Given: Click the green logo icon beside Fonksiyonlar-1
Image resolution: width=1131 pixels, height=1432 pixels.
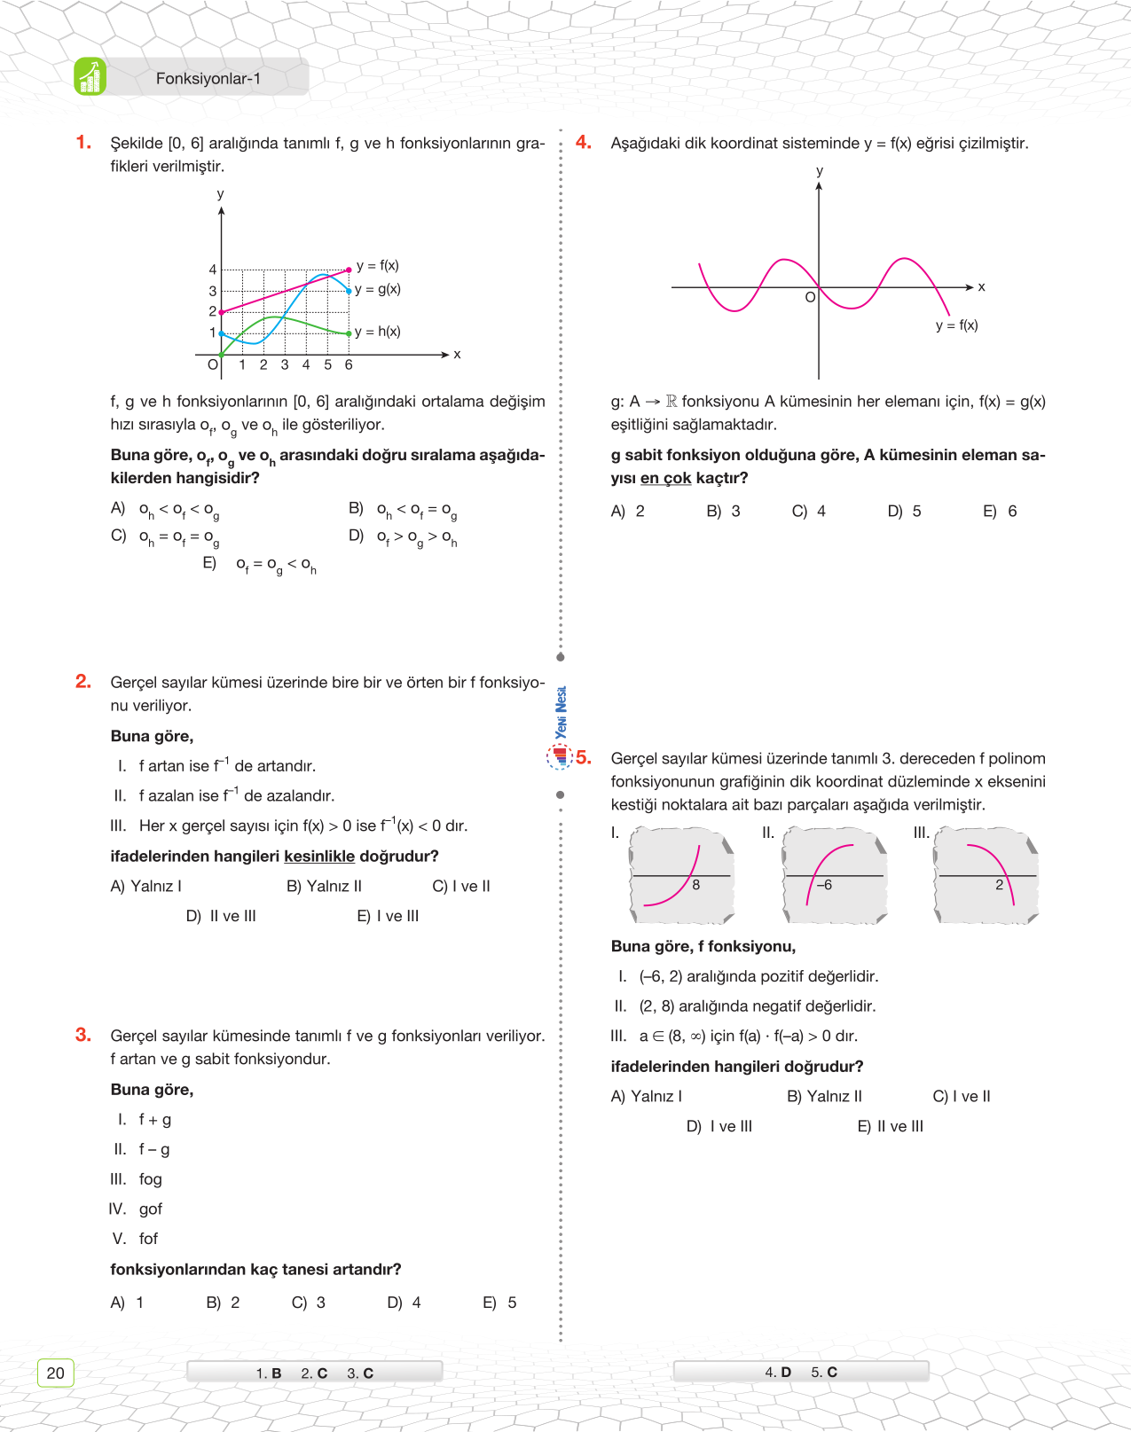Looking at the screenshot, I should [x=90, y=77].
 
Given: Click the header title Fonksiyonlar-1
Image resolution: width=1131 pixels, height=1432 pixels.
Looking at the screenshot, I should [x=208, y=79].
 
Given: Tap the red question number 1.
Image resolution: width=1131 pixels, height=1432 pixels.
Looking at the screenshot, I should [x=83, y=143].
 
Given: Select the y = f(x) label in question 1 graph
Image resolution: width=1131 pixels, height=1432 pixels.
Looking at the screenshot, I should [x=378, y=265].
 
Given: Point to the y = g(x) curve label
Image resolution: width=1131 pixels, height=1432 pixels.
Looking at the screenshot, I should [x=378, y=289].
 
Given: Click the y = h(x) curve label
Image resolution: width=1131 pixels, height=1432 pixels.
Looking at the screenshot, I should [x=378, y=332].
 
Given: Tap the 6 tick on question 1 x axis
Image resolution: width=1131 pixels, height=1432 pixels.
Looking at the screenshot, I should [x=349, y=364].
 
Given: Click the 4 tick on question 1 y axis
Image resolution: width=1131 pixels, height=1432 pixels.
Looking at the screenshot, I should [x=213, y=270].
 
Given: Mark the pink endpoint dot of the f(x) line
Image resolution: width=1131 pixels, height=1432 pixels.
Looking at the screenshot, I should [x=349, y=270].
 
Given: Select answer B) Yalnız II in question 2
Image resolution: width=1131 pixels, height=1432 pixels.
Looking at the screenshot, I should [x=324, y=886].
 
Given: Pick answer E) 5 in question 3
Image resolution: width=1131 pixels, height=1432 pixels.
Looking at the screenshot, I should [x=499, y=1303].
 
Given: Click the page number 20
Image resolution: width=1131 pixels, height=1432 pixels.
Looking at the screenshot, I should [x=55, y=1373].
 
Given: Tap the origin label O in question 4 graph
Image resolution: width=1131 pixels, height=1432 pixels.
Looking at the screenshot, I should [x=810, y=298].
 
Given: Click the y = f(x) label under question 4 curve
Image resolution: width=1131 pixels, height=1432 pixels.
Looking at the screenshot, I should [x=956, y=325].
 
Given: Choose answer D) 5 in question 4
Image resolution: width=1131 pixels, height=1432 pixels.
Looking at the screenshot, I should [x=904, y=512].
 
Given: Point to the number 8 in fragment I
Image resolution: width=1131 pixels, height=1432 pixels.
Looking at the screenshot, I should [x=696, y=885].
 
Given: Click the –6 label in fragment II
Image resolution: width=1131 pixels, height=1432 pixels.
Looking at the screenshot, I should [x=824, y=885].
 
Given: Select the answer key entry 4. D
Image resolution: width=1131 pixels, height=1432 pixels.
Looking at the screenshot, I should [x=778, y=1373].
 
